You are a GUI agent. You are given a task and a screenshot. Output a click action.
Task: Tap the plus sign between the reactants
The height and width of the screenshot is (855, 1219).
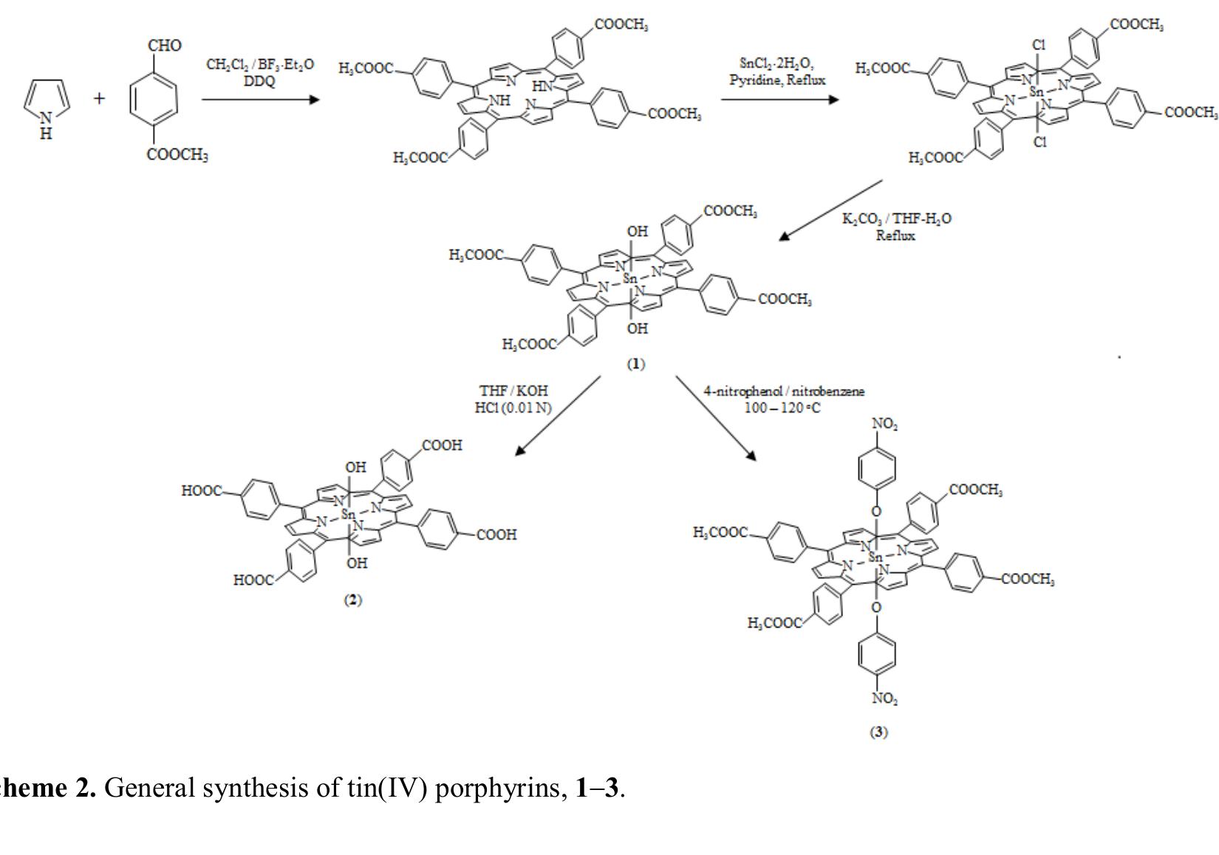(x=100, y=98)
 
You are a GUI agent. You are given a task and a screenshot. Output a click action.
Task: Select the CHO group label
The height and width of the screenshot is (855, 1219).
(x=164, y=46)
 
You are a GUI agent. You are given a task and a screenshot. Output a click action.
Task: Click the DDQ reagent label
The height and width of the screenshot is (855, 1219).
(x=259, y=81)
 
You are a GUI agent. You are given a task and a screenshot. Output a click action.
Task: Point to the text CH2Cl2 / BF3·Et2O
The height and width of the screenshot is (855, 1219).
(x=260, y=65)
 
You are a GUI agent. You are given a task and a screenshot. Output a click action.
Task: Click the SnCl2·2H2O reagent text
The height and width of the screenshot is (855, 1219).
(x=776, y=63)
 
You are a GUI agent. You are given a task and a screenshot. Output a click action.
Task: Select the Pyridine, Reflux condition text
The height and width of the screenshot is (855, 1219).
(x=777, y=80)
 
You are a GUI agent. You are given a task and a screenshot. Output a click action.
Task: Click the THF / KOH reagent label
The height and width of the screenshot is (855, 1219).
(x=513, y=391)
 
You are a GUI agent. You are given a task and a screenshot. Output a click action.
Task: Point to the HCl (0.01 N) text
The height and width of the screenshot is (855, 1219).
(x=513, y=407)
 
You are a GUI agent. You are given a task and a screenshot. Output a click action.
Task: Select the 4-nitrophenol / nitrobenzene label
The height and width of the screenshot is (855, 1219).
(x=784, y=391)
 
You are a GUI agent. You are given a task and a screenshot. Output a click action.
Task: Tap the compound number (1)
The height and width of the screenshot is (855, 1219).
(x=635, y=364)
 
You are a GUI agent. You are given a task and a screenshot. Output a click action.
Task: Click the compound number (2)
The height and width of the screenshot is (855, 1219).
(x=353, y=600)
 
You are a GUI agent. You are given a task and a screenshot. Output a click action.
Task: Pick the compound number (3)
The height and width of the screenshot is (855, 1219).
(x=878, y=732)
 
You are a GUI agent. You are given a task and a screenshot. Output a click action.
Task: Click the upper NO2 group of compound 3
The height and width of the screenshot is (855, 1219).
(x=884, y=424)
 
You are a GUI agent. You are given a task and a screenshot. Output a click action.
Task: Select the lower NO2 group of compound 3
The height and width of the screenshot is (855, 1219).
(x=884, y=698)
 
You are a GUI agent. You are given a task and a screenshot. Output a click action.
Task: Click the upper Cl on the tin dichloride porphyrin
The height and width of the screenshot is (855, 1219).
(x=1039, y=45)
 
